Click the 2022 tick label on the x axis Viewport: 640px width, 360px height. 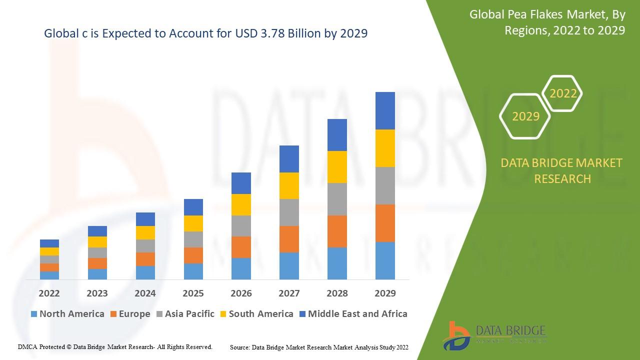coord(49,293)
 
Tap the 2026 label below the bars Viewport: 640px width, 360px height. coord(241,293)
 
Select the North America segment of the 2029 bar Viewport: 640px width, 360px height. coord(385,260)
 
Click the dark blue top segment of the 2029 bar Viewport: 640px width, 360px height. coord(385,110)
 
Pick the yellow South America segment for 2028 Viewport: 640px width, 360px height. coord(337,167)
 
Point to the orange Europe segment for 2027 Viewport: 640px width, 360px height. coord(289,239)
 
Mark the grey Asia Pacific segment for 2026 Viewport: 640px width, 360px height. coord(241,226)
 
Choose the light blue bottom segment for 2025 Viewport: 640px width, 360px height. coord(193,271)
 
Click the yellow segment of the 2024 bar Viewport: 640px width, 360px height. coord(145,232)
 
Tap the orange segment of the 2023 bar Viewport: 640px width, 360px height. coord(97,263)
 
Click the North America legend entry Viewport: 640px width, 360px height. coord(67,314)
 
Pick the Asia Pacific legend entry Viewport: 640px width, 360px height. coord(185,314)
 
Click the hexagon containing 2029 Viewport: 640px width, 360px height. coord(525,116)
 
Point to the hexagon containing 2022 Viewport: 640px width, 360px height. coord(563,93)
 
